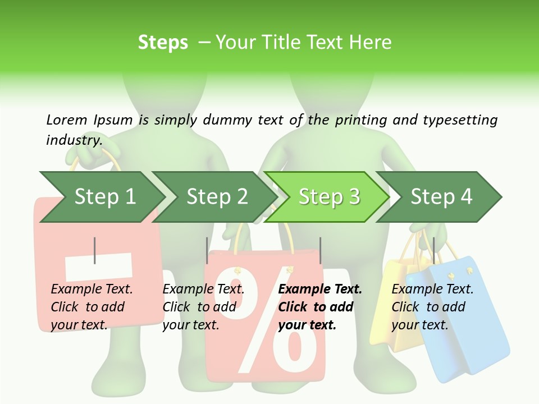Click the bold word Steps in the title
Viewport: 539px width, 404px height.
pos(163,43)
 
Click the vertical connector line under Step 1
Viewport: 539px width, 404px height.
pos(95,250)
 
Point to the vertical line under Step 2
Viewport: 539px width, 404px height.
pos(207,250)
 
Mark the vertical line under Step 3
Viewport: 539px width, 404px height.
pos(320,250)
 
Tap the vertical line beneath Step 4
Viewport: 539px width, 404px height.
pos(433,250)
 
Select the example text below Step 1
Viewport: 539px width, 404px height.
pos(92,307)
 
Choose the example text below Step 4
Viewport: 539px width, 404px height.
pos(432,307)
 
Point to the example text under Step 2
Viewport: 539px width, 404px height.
pos(203,307)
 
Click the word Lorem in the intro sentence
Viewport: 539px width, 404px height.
pos(66,120)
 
